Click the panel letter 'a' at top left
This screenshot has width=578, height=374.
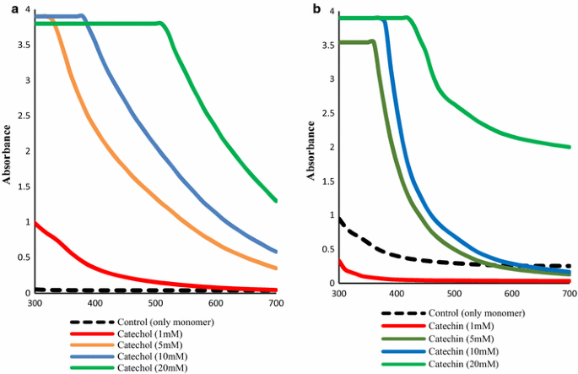pos(6,8)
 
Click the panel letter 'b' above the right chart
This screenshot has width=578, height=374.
pos(316,8)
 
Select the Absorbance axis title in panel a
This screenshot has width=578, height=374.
pos(8,154)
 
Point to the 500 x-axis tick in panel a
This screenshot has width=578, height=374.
pos(156,303)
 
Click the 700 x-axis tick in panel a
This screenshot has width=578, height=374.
pos(276,303)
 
